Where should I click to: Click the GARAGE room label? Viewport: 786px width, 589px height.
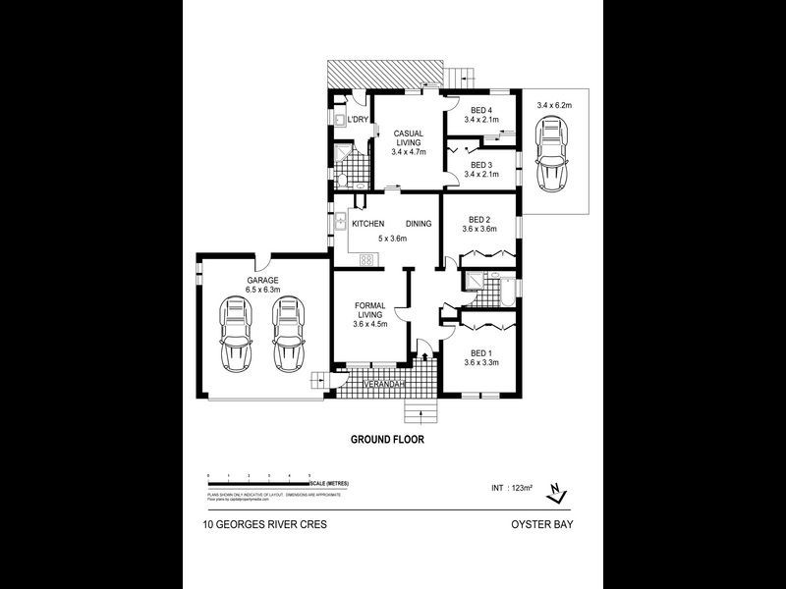coord(262,280)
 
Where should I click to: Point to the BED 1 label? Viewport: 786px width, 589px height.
coord(480,352)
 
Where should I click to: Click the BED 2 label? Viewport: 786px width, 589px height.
coord(479,219)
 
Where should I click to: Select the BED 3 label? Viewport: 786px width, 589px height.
coord(480,165)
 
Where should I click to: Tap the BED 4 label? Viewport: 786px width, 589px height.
coord(480,110)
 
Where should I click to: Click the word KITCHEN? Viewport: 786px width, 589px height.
coord(368,224)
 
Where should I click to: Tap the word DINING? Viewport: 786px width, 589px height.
coord(419,224)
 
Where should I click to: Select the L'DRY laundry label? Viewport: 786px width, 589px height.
coord(358,120)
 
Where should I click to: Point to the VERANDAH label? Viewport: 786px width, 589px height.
coord(384,383)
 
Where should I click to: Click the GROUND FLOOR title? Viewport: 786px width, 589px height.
coord(387,440)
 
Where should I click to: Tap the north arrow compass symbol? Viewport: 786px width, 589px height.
coord(557,490)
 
